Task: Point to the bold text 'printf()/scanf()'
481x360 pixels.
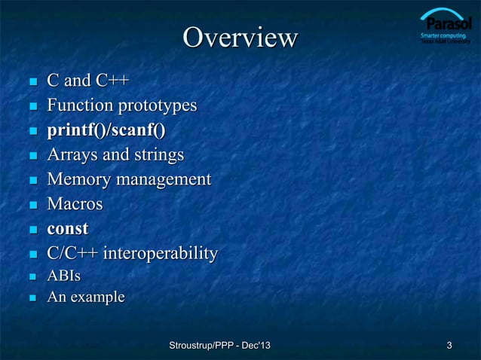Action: [106, 130]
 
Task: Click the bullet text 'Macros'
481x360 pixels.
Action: [75, 204]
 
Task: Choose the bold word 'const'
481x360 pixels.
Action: [68, 228]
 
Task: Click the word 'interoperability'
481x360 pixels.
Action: [161, 253]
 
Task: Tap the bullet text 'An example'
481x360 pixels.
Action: [86, 298]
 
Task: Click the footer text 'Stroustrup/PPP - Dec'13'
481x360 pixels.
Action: [220, 346]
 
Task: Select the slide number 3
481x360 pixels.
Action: [449, 346]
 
